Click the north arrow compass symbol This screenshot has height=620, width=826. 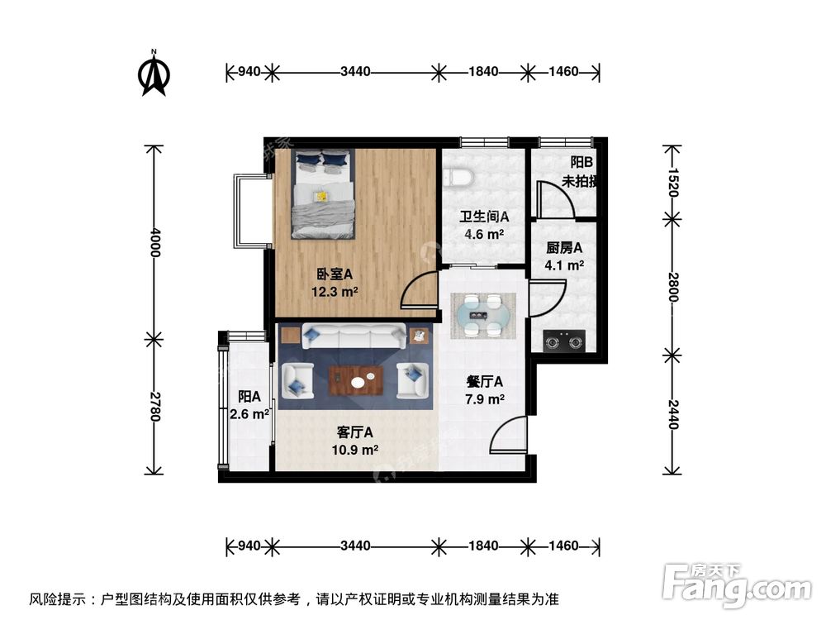[154, 74]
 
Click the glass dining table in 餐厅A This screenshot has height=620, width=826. [483, 315]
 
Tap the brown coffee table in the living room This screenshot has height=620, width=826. [356, 380]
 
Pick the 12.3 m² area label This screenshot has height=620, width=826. [335, 291]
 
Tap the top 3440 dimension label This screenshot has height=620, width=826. [355, 72]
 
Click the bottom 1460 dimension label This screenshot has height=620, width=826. [563, 546]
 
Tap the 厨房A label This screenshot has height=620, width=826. [565, 247]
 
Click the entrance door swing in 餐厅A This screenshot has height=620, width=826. [510, 436]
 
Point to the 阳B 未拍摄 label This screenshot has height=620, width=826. [578, 173]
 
